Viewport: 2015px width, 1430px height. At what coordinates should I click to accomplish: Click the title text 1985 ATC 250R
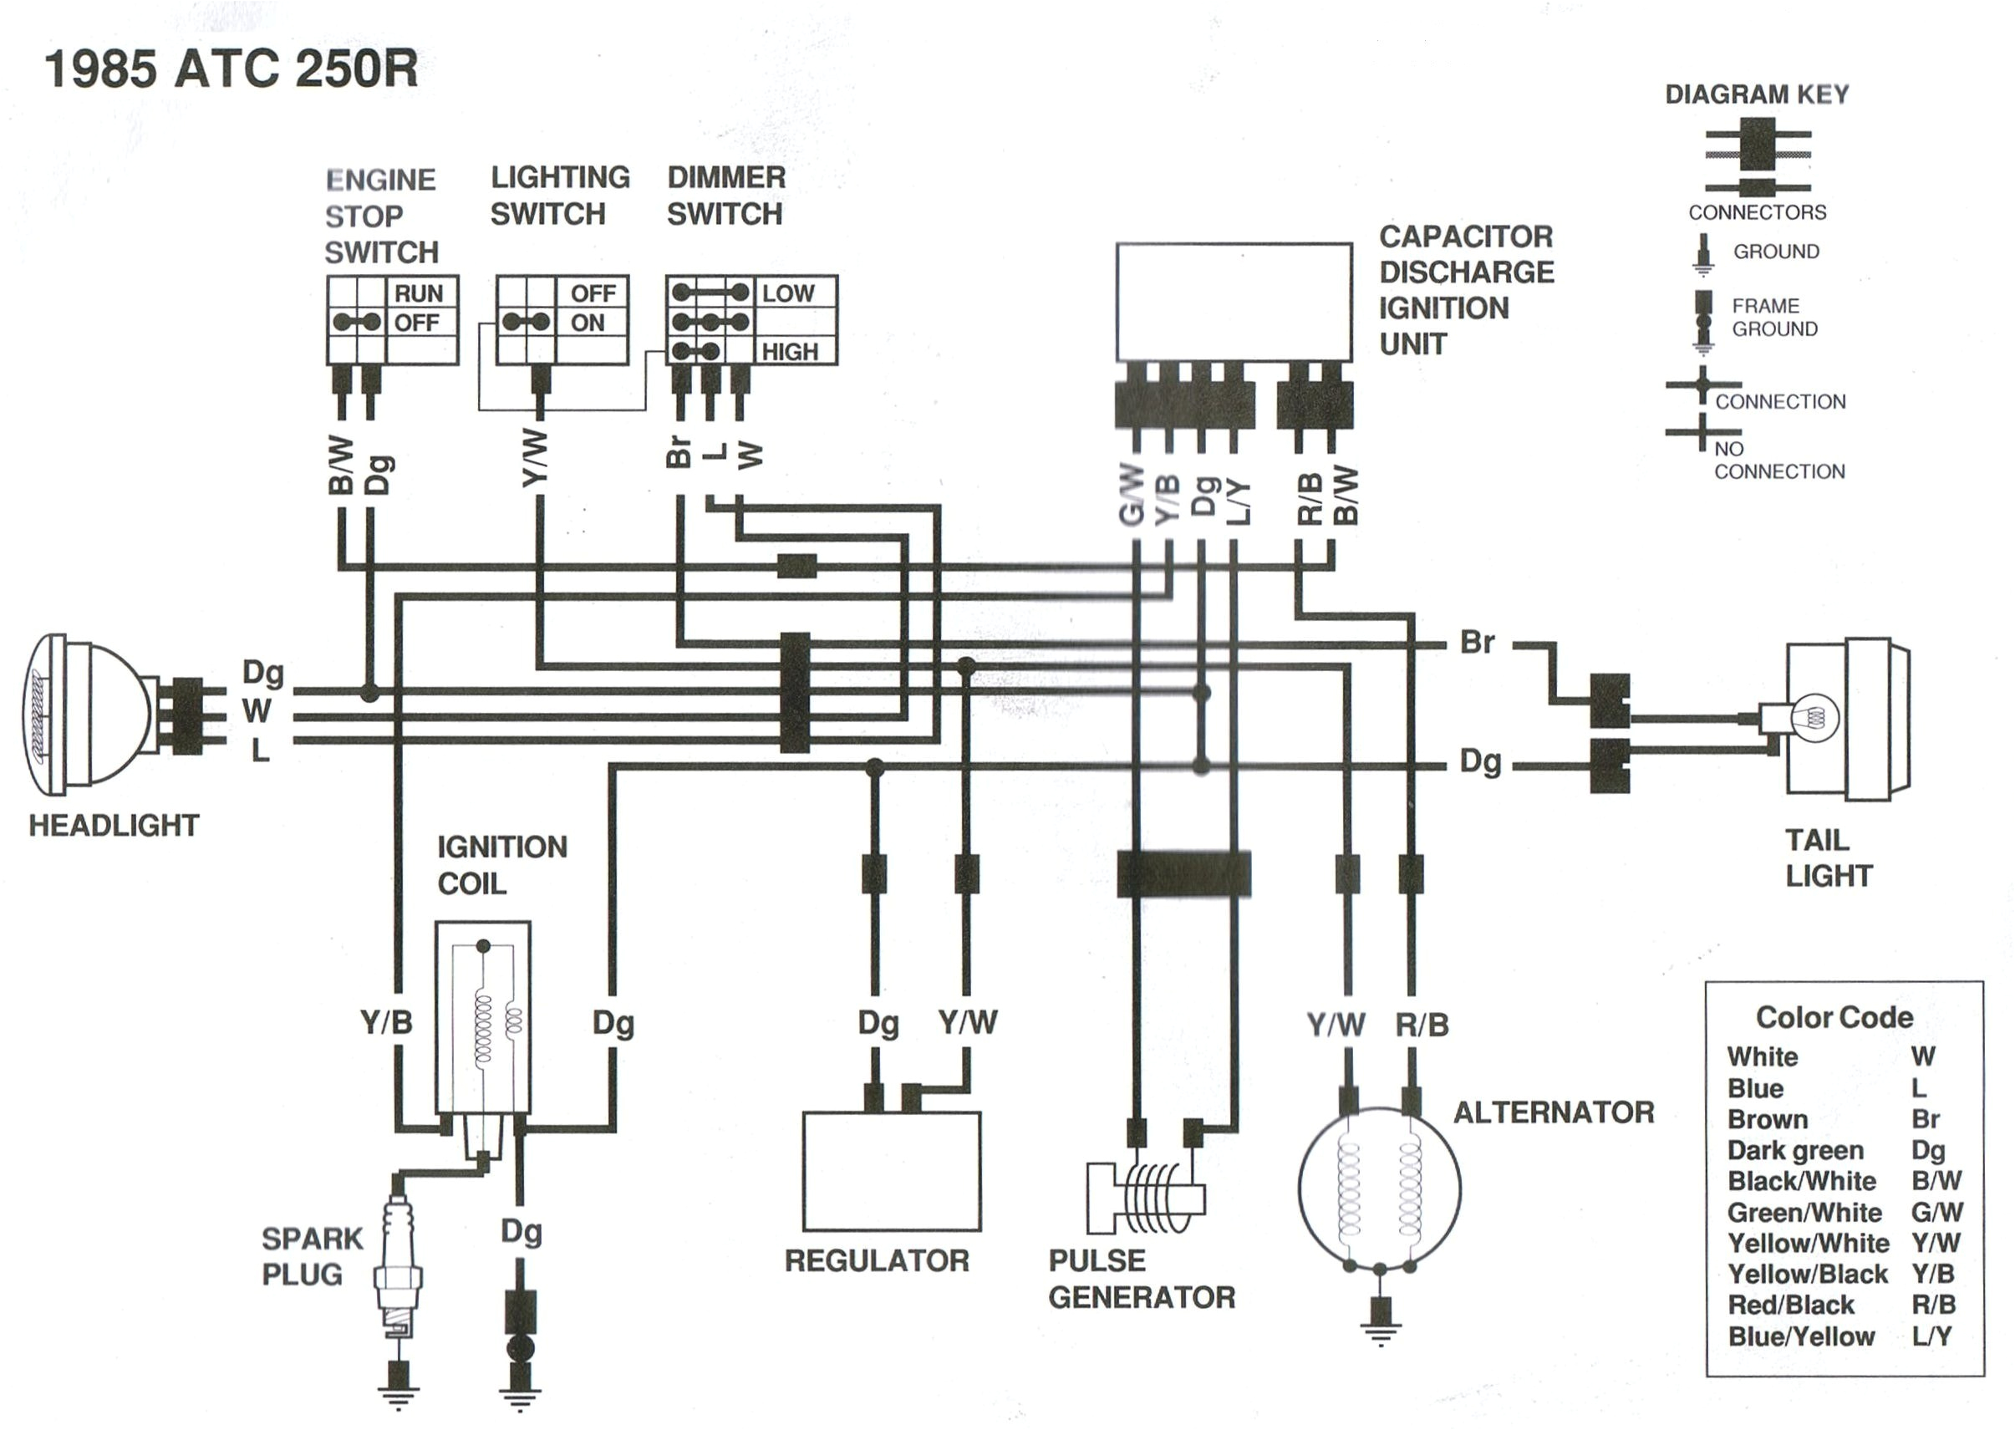pyautogui.click(x=232, y=69)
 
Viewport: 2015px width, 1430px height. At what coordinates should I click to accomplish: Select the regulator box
pyautogui.click(x=891, y=1171)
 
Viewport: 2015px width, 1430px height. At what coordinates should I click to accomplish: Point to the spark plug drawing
pyautogui.click(x=398, y=1268)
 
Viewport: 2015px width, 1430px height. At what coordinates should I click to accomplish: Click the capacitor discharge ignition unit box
pyautogui.click(x=1234, y=302)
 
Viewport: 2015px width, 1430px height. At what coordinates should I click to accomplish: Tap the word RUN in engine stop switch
pyautogui.click(x=418, y=293)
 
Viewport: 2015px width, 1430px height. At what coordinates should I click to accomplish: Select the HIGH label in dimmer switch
pyautogui.click(x=789, y=352)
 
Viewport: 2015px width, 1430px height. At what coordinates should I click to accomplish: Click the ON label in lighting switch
pyautogui.click(x=588, y=323)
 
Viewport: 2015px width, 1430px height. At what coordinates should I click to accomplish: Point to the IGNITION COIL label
pyautogui.click(x=501, y=865)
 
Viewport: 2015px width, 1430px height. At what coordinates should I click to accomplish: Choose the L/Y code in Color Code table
pyautogui.click(x=1931, y=1336)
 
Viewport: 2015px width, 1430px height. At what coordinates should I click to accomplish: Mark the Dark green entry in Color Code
pyautogui.click(x=1794, y=1151)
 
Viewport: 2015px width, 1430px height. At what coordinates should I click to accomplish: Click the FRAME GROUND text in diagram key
pyautogui.click(x=1773, y=317)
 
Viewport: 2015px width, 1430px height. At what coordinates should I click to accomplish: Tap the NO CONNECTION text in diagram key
pyautogui.click(x=1778, y=461)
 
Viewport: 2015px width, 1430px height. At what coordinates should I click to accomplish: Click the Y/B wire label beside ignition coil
pyautogui.click(x=385, y=1022)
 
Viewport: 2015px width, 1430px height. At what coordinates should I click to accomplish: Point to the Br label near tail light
pyautogui.click(x=1476, y=642)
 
